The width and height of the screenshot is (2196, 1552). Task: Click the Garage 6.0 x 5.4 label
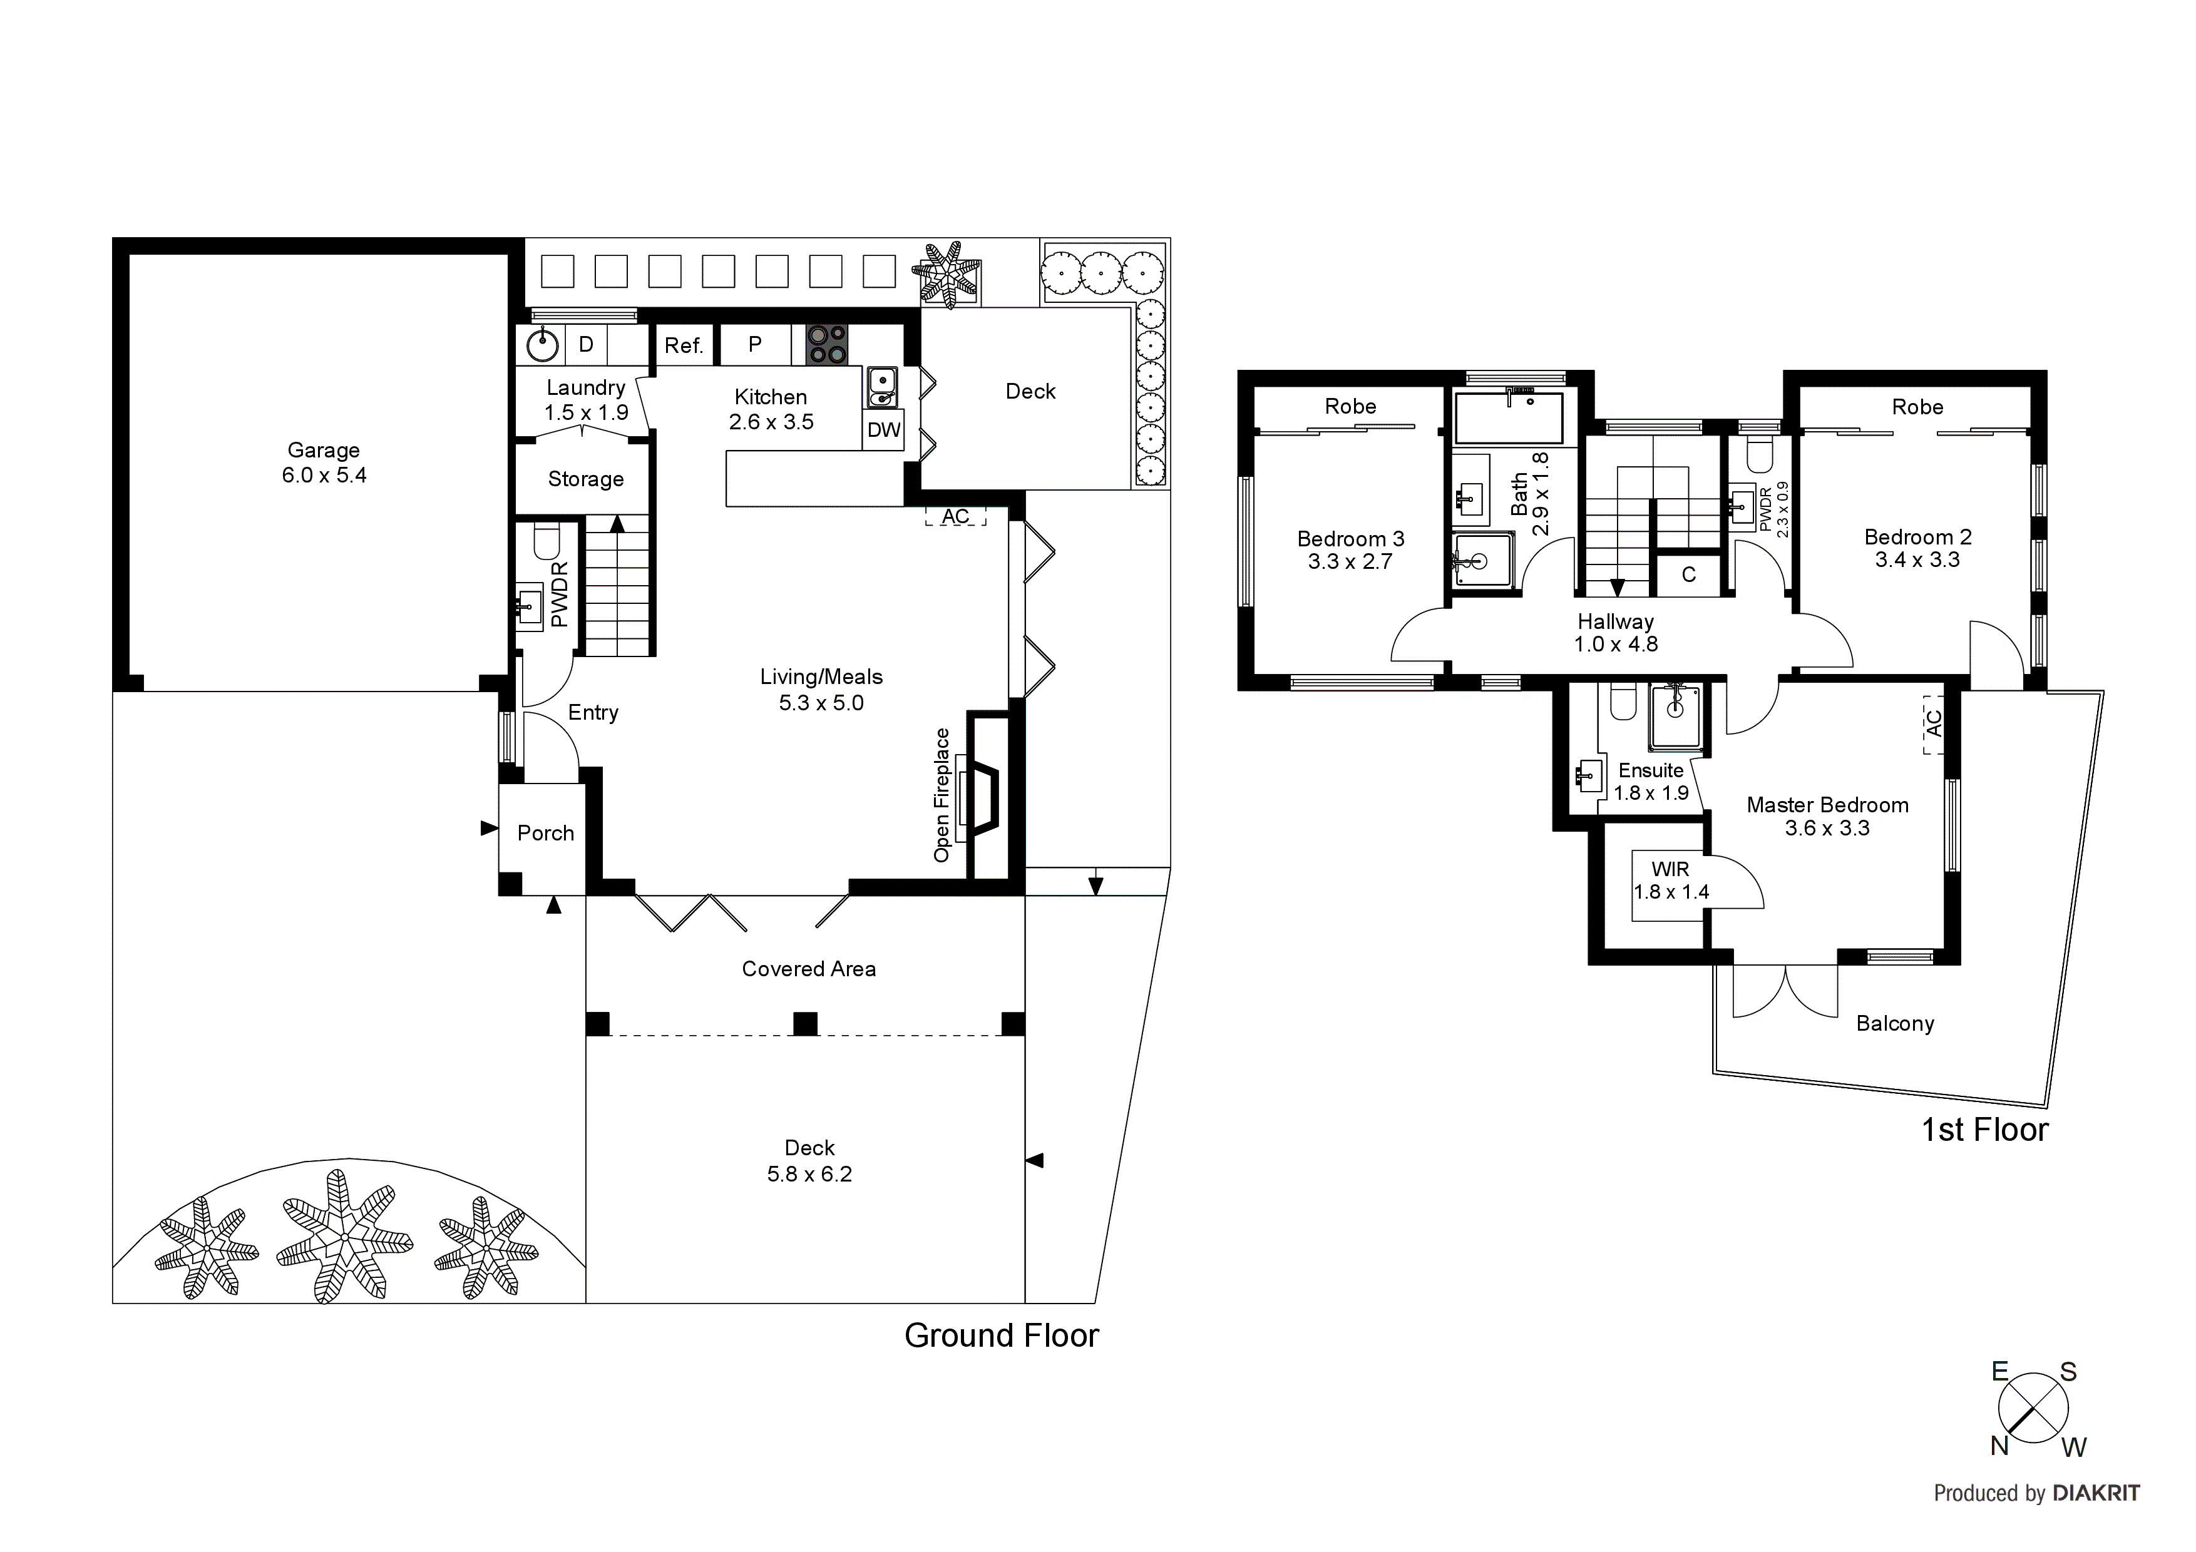click(323, 463)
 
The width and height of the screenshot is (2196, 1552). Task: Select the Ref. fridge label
click(684, 346)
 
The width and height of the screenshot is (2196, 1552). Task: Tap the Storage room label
click(585, 479)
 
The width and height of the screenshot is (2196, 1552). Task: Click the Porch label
click(545, 833)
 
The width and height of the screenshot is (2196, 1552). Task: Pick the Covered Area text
click(808, 969)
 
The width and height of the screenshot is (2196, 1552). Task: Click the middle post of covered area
click(805, 1023)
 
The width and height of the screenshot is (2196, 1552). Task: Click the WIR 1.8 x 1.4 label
click(1670, 881)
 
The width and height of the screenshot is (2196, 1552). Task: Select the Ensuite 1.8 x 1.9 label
click(1651, 781)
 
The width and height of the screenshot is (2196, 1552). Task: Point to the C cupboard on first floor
click(1688, 574)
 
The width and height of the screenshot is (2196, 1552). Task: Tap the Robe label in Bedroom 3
click(1350, 406)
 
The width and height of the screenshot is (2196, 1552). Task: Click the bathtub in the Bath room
click(1508, 418)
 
